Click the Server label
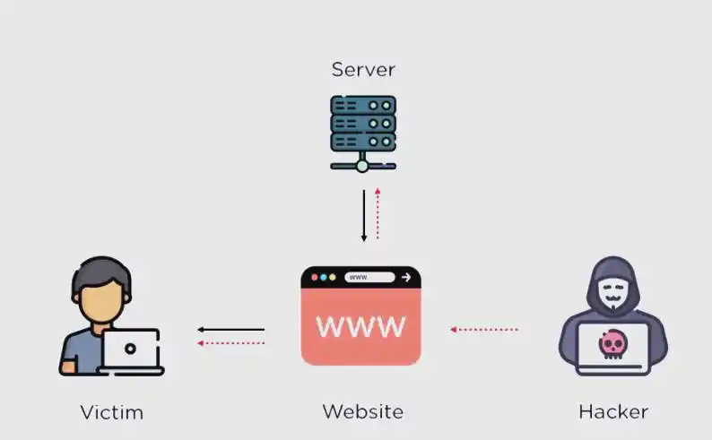coord(363,69)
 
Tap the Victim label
coord(111,413)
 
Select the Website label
coord(362,412)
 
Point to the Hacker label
coord(613,412)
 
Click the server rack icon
coord(362,125)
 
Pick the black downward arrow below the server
coord(364,215)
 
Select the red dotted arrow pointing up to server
coord(378,213)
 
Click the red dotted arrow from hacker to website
coord(484,330)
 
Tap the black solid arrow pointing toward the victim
coord(230,330)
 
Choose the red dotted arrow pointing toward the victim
coord(230,343)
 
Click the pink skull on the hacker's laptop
coord(613,343)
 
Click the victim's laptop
coord(131,350)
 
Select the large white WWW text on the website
coord(361,326)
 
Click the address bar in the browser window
coord(369,278)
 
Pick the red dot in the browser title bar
coord(314,278)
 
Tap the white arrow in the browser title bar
coord(406,278)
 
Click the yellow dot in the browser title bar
coord(333,278)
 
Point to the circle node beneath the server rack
coord(362,166)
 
